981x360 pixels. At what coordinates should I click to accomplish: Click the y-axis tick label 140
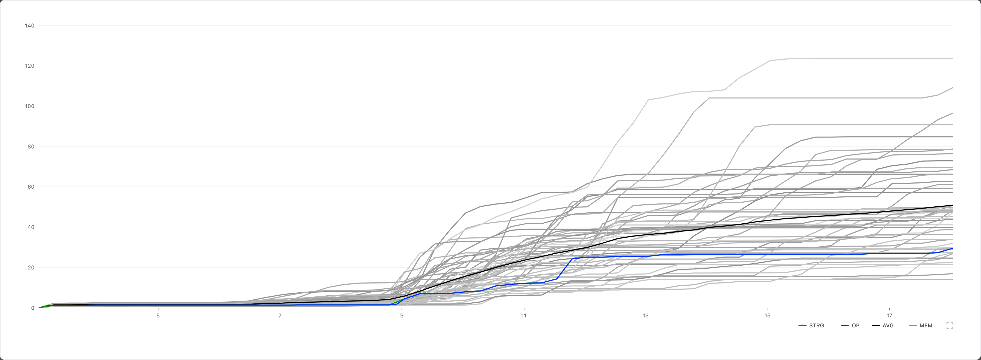29,26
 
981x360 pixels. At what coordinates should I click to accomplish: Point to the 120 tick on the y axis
29,66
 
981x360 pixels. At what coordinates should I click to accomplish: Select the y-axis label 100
29,106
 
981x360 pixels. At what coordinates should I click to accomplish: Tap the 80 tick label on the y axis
30,147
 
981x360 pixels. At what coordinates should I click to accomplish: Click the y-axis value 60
30,187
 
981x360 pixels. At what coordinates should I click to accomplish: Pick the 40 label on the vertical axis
30,227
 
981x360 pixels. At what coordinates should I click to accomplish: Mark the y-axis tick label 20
30,267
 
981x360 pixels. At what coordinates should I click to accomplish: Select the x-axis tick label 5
158,316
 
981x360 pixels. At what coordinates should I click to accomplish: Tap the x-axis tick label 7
280,316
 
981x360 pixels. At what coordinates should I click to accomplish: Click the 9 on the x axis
402,316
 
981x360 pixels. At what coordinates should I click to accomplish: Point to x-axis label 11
524,316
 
